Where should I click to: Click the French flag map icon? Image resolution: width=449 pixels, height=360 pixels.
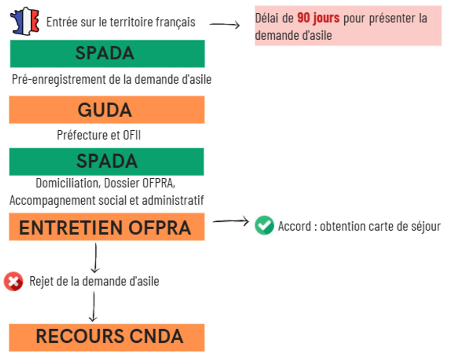point(24,21)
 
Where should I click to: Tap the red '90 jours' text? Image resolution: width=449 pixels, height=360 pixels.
point(318,19)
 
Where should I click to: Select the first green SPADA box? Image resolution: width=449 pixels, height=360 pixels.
point(107,53)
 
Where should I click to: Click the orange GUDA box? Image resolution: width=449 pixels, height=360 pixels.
point(107,110)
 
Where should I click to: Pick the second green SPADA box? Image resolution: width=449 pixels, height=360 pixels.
point(107,162)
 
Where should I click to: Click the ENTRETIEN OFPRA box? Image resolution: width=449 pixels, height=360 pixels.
point(107,227)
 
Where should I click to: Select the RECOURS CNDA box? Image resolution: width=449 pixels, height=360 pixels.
point(107,337)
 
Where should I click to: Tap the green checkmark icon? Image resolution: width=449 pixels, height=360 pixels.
point(264,225)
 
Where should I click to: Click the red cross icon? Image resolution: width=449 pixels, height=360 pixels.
point(13,282)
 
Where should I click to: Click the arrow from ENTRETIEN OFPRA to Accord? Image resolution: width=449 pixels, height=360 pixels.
point(231,222)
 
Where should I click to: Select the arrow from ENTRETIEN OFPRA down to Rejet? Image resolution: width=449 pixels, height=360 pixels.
point(95,258)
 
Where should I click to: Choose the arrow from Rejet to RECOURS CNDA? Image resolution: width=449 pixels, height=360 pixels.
point(93,306)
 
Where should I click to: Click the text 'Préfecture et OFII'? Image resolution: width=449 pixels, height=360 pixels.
point(98,135)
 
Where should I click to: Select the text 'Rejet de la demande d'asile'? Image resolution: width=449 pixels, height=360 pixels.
point(94,282)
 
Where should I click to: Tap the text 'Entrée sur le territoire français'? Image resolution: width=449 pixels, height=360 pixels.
point(120,22)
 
